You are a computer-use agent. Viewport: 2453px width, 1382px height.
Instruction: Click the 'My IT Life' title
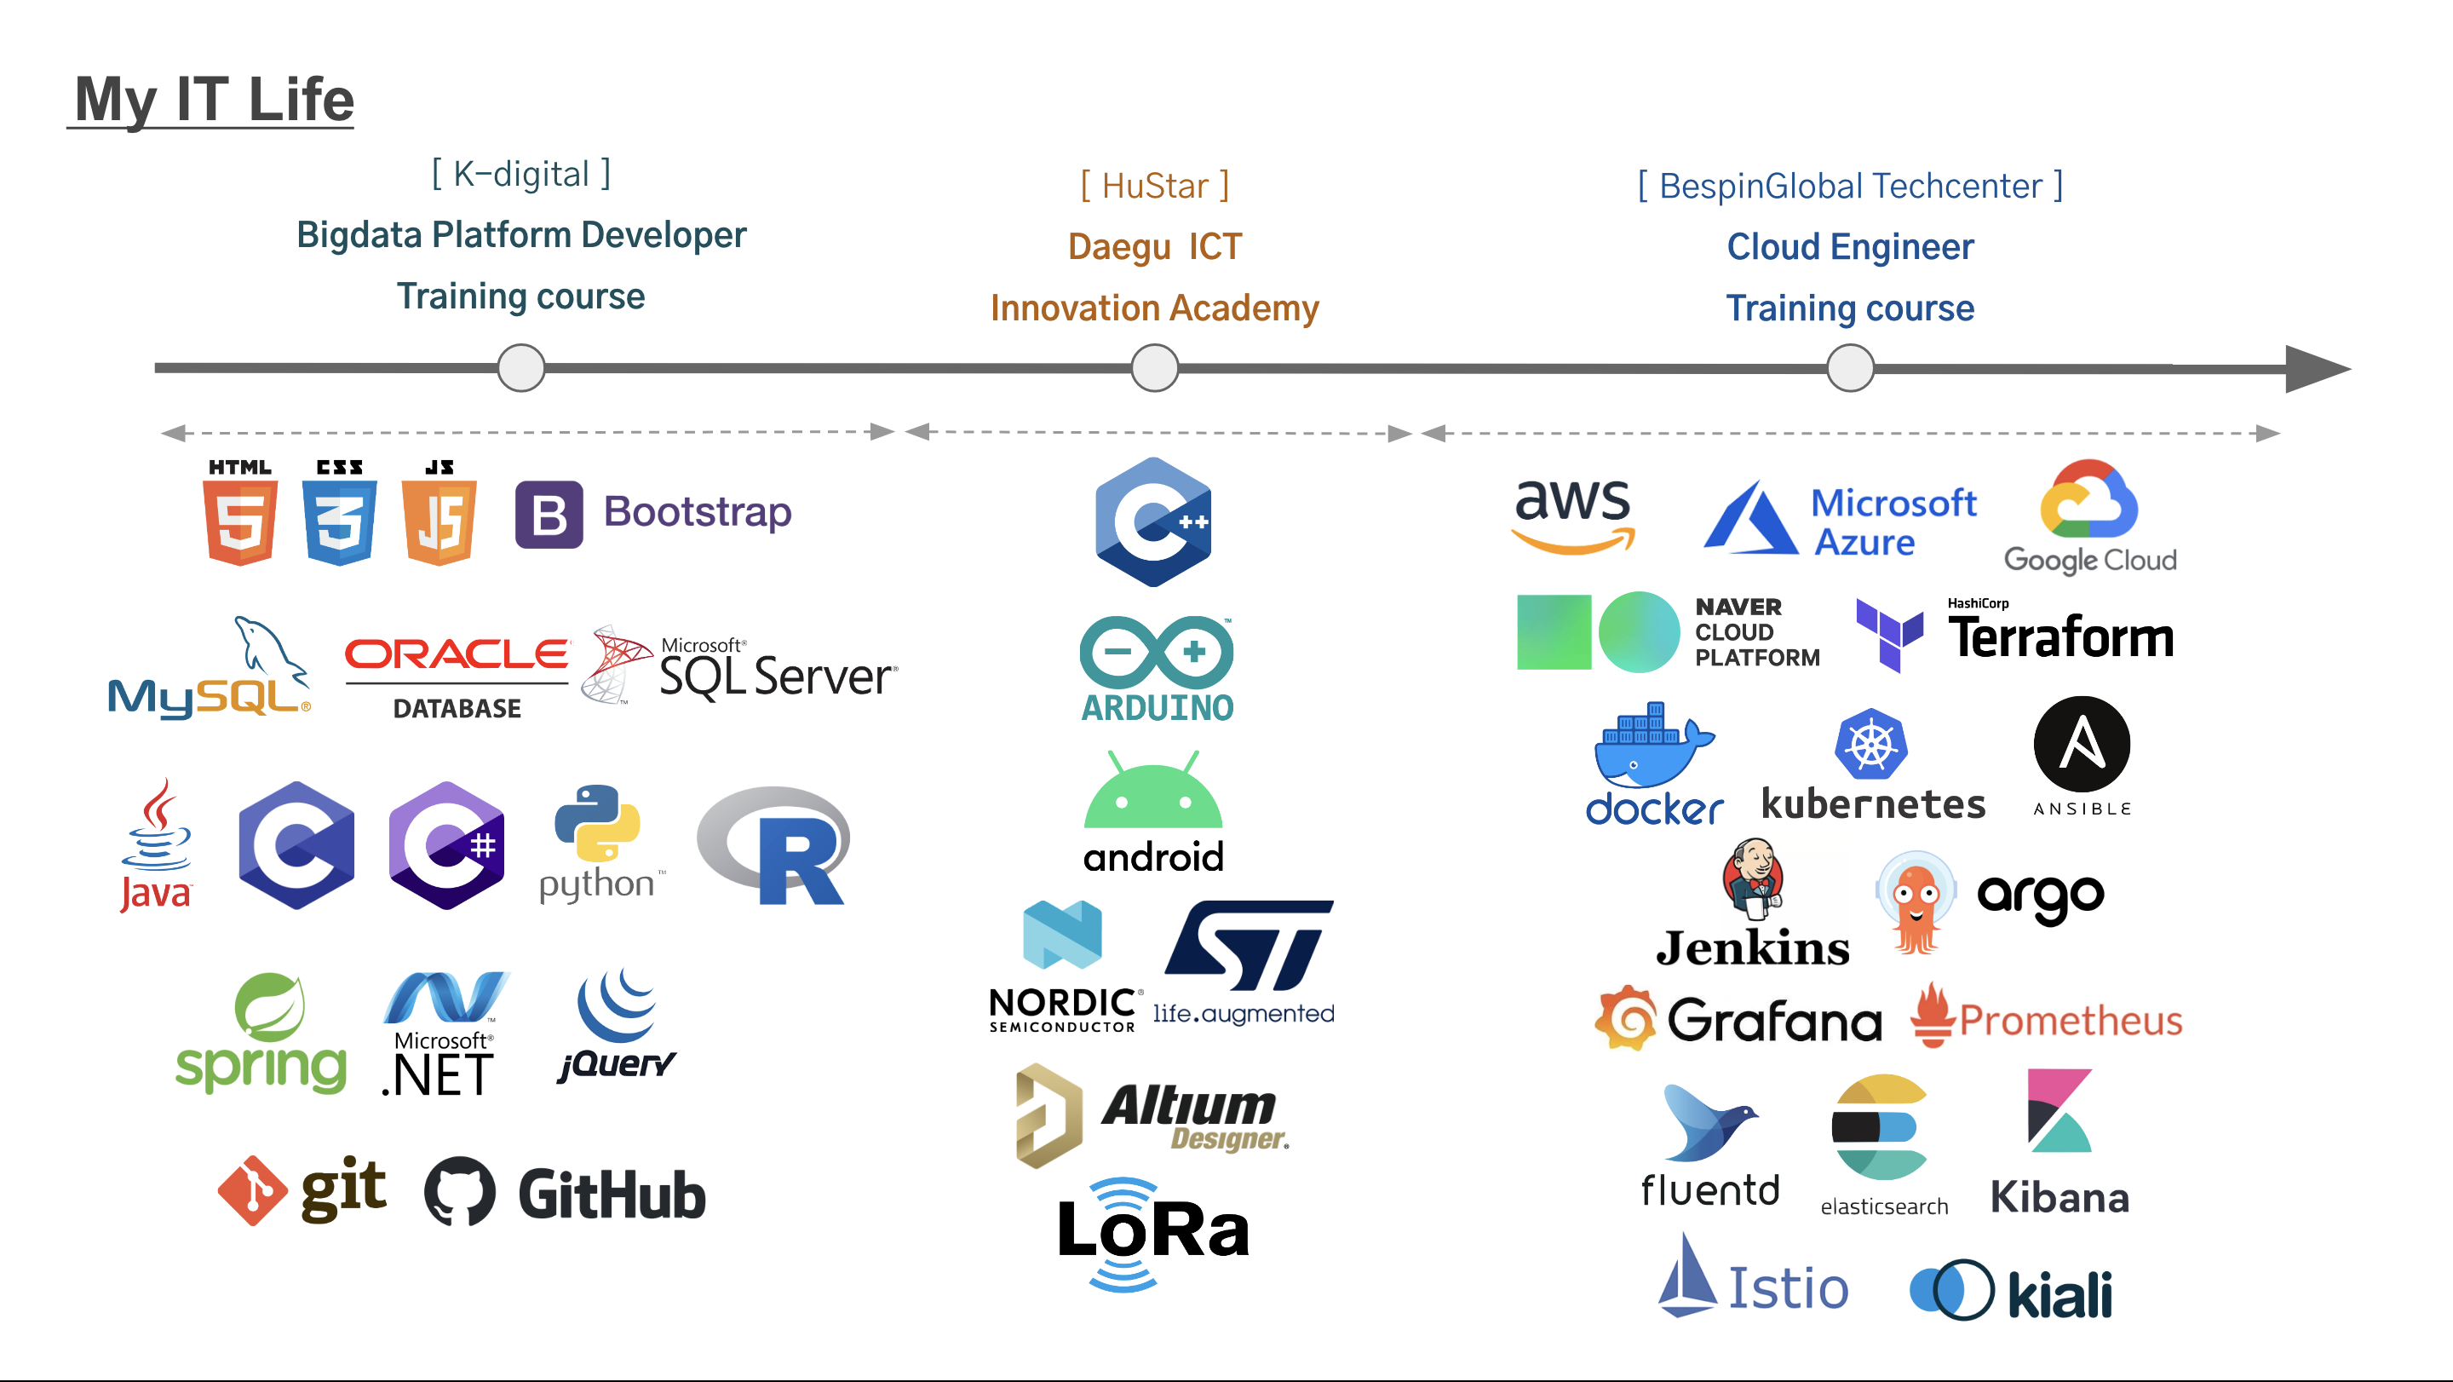(215, 100)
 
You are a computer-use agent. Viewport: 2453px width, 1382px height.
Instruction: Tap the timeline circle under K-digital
(521, 367)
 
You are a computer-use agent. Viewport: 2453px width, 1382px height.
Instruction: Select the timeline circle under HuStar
(1154, 367)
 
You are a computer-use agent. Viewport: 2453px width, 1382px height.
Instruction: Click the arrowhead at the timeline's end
(2318, 369)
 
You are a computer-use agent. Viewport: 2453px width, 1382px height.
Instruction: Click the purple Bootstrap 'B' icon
(549, 515)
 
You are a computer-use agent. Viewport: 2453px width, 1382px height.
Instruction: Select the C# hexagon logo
(446, 845)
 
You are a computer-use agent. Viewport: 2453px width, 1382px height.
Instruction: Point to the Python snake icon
(597, 823)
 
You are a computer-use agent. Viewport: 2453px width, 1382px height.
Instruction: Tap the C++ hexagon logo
(1153, 522)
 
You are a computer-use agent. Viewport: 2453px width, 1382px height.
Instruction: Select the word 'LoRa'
(1153, 1229)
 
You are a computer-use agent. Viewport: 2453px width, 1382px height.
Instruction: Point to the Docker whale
(1654, 745)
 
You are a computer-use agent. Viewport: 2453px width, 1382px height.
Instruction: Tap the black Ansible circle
(2082, 744)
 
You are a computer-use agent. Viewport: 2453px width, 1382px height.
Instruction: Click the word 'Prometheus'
(2071, 1021)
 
